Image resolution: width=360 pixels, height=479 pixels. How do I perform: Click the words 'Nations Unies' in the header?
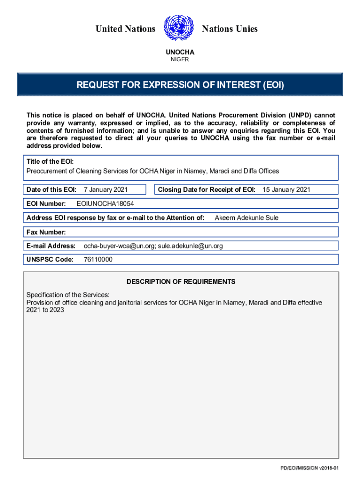click(230, 29)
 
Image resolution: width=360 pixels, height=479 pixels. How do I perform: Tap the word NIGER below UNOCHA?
click(180, 59)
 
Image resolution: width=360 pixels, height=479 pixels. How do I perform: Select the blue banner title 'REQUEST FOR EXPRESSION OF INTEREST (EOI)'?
click(180, 85)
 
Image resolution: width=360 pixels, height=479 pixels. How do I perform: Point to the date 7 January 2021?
click(106, 189)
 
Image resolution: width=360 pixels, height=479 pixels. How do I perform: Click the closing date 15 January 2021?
click(286, 189)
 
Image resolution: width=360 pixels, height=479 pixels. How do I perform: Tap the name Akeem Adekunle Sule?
click(246, 218)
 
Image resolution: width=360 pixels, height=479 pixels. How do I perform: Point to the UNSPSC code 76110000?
click(98, 260)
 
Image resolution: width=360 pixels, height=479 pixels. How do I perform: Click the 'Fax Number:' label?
click(46, 232)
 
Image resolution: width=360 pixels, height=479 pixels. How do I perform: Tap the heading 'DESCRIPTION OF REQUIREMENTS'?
click(181, 282)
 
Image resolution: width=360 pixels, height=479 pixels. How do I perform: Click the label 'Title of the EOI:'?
click(49, 161)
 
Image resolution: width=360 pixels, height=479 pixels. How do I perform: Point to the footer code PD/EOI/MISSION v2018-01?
click(310, 468)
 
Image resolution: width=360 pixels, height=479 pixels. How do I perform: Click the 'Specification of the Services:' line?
click(68, 295)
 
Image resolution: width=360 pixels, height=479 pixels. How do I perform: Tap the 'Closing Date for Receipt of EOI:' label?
click(207, 189)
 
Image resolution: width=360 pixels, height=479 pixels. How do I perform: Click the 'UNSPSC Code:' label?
click(50, 260)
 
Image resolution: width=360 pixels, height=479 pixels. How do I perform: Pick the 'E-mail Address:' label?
click(51, 246)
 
